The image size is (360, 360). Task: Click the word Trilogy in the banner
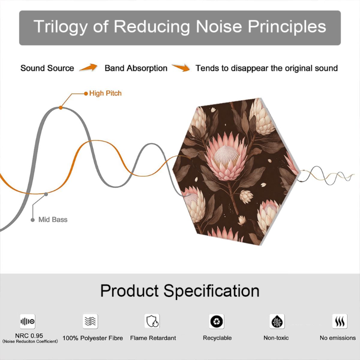tap(60, 27)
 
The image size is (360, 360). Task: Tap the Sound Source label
tap(47, 68)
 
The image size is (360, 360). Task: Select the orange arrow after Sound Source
tap(88, 67)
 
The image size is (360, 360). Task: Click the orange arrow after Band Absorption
tap(181, 67)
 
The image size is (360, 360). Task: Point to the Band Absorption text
tap(136, 68)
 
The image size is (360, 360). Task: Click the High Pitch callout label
tap(105, 93)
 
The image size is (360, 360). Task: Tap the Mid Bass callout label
tap(53, 220)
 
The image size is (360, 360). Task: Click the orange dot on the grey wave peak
tap(61, 108)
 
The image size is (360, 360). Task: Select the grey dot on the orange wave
tap(46, 194)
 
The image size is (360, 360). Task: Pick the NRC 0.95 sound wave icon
tap(28, 321)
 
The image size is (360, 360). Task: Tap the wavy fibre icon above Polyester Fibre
tap(90, 321)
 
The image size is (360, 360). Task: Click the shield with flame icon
tap(152, 321)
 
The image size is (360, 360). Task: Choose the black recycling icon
tap(217, 321)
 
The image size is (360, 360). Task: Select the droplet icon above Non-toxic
tap(277, 321)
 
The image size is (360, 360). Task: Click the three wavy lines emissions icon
tap(340, 321)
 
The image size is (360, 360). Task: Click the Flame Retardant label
tap(153, 338)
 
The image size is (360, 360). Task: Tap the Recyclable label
tap(217, 338)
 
